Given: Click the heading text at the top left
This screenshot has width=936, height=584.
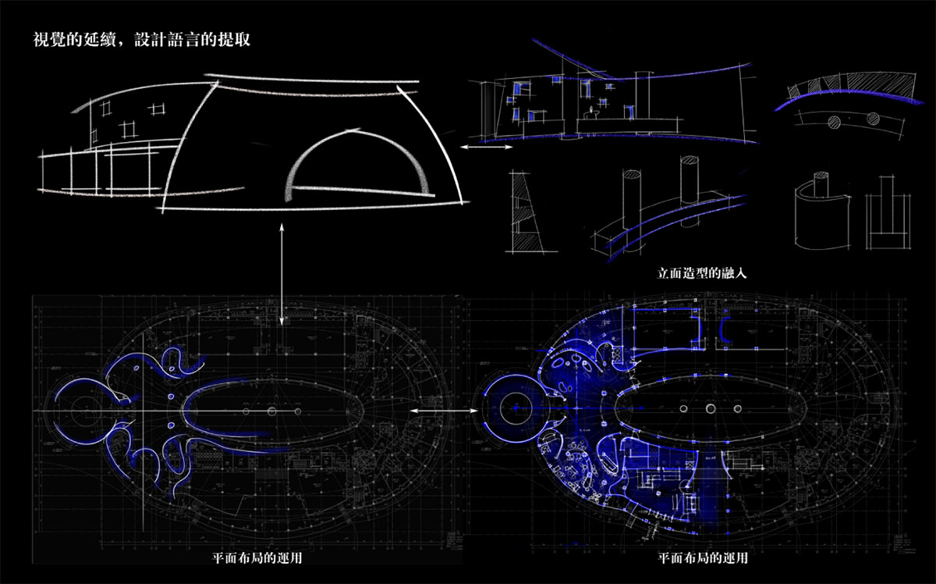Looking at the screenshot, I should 141,39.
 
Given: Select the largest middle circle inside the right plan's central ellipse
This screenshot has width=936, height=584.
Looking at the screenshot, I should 711,408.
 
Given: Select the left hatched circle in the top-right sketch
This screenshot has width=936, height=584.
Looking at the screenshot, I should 835,121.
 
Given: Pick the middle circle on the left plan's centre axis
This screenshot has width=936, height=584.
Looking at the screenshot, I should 272,410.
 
